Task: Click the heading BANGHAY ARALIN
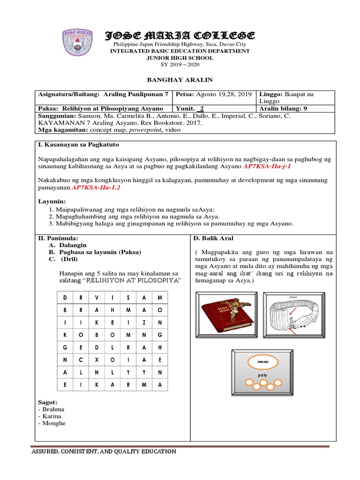coord(180,79)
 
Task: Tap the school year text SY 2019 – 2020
coord(180,65)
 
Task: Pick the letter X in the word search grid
coord(96,360)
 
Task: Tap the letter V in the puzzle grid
coord(96,298)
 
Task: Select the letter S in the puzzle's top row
coord(128,298)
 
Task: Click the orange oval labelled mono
coord(262,362)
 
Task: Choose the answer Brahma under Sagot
coord(52,409)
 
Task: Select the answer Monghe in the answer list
coord(53,423)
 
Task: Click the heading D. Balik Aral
coord(213,239)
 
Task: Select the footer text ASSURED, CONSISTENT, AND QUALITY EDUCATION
coord(104,451)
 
